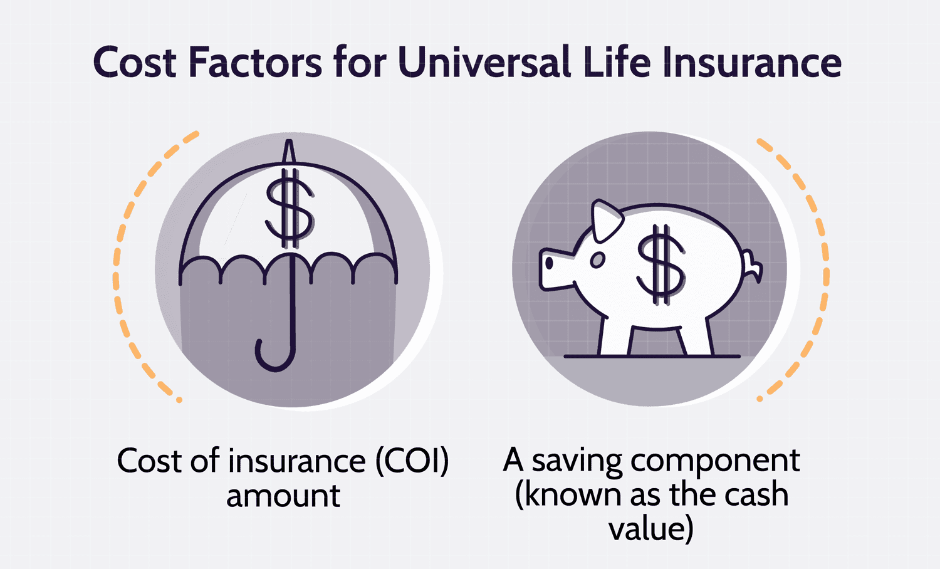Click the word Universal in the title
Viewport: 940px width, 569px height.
484,61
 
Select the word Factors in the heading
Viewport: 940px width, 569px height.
256,61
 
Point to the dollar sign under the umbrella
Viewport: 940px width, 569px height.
290,208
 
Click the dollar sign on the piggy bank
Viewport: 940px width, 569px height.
661,264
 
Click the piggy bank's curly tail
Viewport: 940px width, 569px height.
753,265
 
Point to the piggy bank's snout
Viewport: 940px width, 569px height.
554,269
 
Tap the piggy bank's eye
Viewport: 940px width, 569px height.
597,260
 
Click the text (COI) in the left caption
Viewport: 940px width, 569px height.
412,461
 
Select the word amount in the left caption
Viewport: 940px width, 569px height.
283,496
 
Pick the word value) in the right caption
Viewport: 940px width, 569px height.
651,529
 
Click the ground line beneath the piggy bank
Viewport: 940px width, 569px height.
652,357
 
